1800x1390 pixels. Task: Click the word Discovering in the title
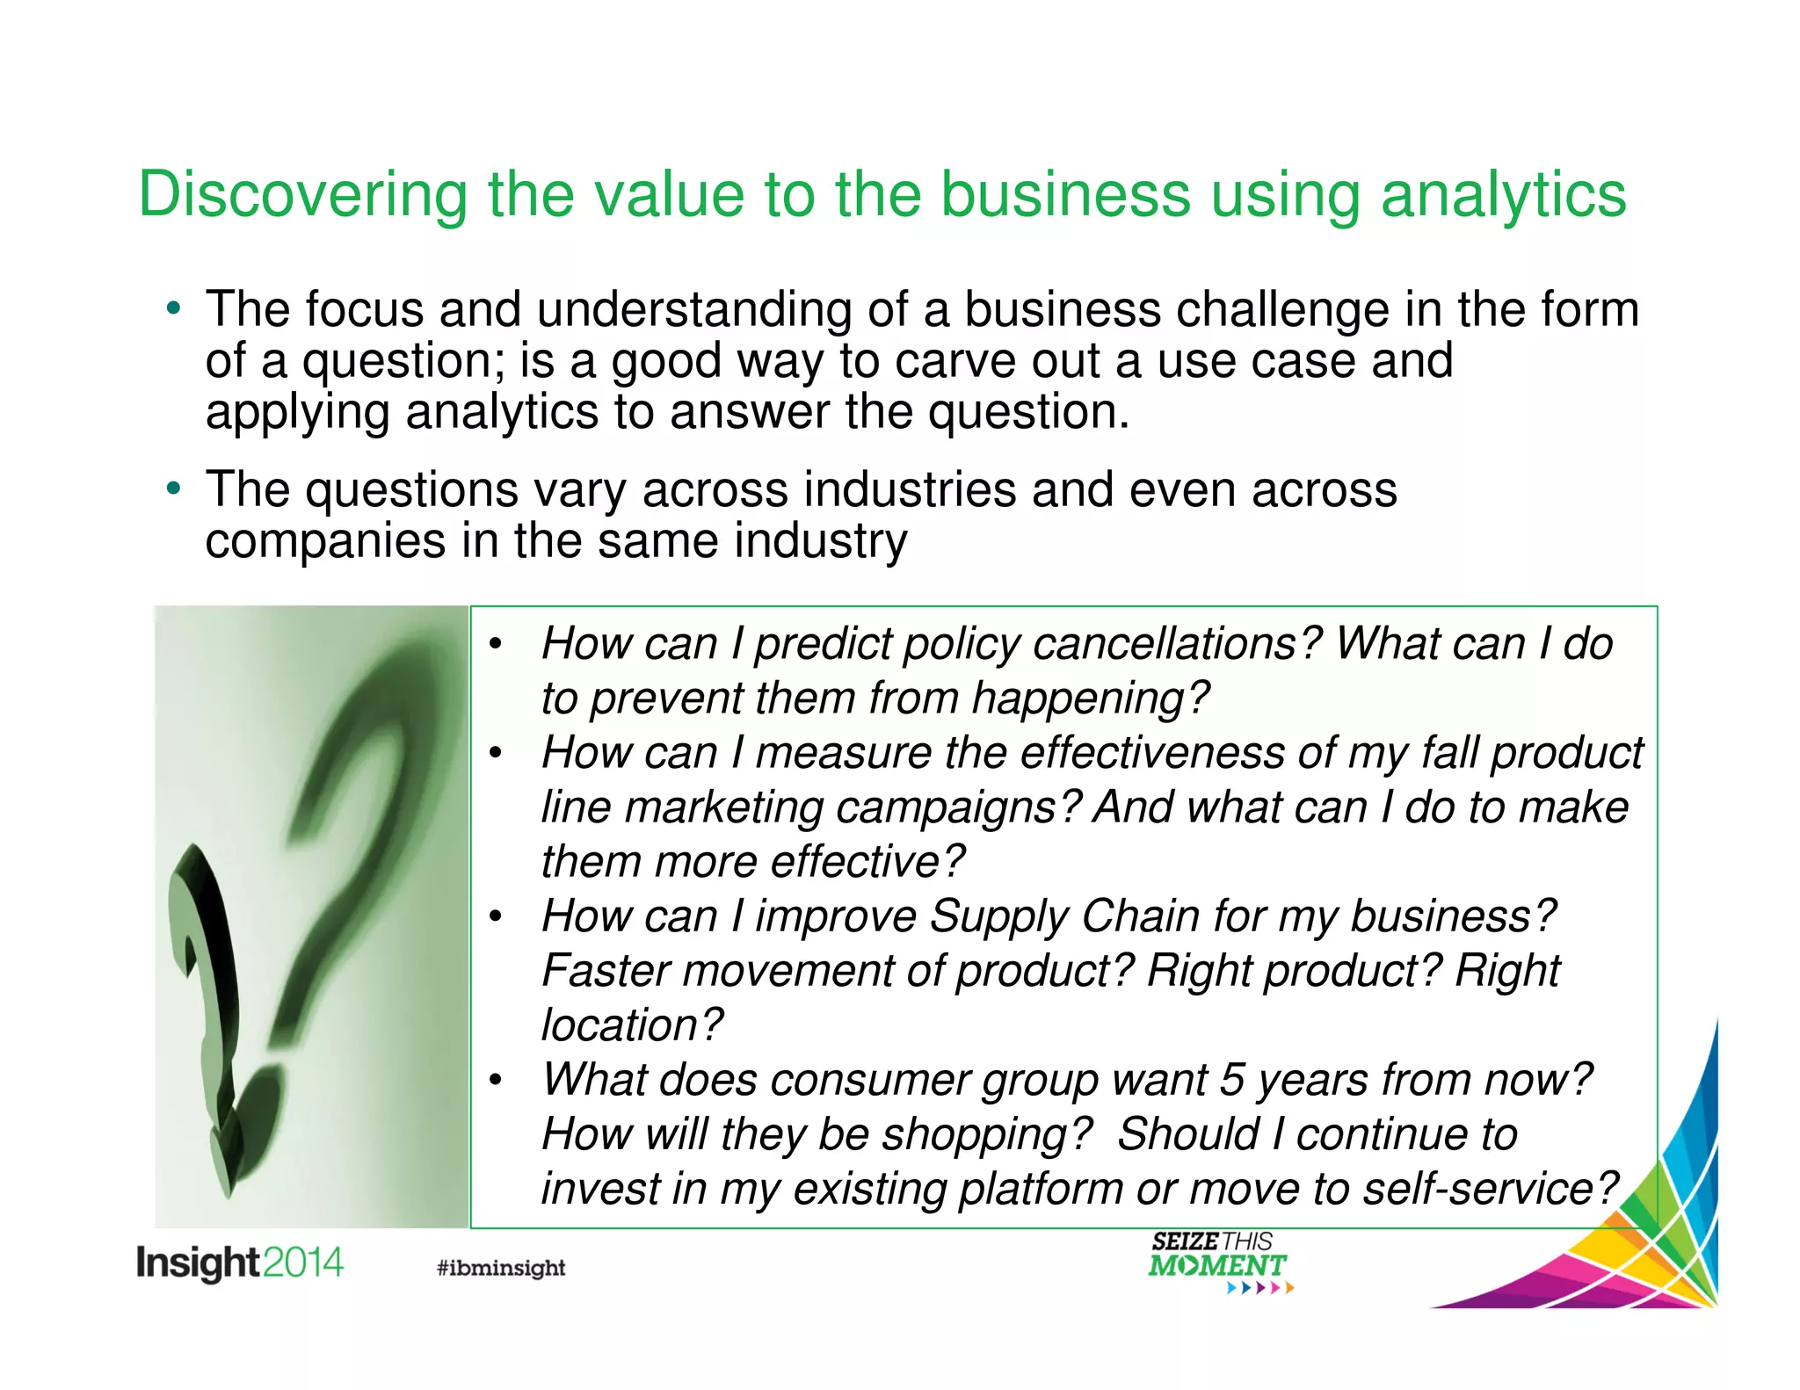[302, 195]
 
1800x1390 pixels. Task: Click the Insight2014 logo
[239, 1263]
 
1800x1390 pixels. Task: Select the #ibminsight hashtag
[501, 1268]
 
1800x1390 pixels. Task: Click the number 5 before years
[1231, 1080]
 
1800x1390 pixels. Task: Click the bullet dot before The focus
[174, 309]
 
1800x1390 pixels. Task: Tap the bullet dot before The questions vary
[174, 489]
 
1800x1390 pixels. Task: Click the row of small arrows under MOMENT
[1260, 1289]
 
